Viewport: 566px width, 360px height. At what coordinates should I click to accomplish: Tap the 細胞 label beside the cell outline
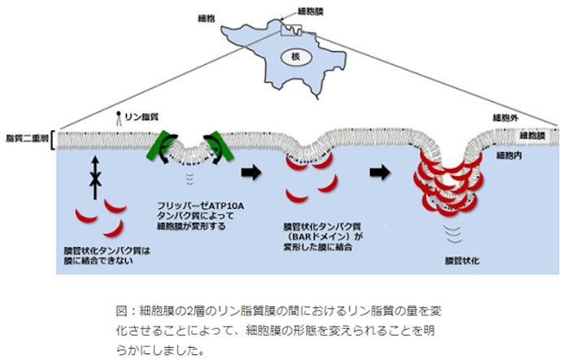point(207,18)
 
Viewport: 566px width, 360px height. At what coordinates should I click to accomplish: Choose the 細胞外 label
point(507,119)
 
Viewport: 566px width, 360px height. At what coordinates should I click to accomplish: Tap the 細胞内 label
point(508,154)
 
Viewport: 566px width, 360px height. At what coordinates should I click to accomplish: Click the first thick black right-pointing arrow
point(252,171)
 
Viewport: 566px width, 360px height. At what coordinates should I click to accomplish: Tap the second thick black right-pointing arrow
point(380,172)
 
